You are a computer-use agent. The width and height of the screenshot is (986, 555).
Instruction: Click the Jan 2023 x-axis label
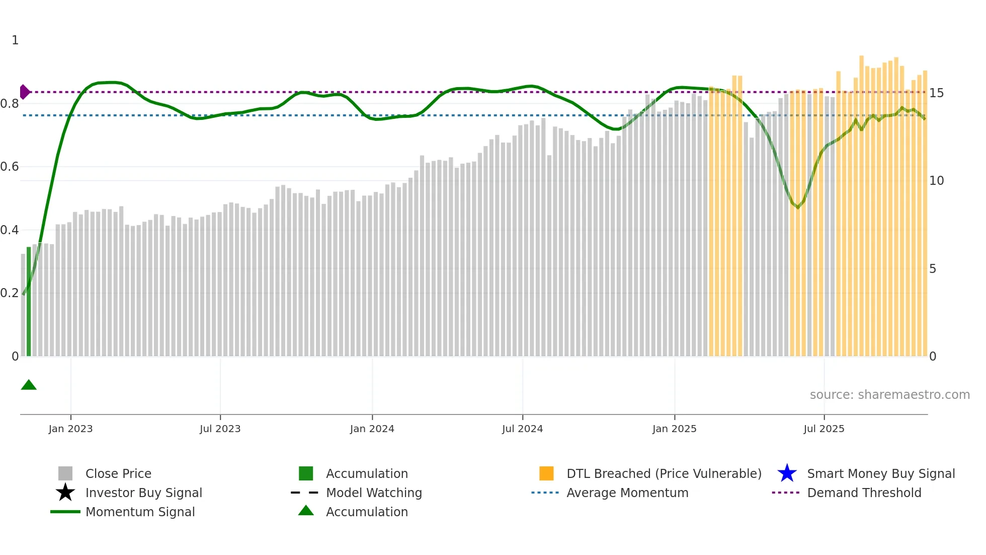coord(70,429)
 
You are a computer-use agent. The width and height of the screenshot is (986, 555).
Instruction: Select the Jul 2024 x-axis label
coord(522,429)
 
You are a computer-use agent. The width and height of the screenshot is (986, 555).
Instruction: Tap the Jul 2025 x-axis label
coord(824,429)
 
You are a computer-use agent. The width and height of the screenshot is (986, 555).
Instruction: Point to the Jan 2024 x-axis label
coord(372,429)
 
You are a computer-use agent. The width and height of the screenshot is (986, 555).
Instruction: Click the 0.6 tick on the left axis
coord(10,167)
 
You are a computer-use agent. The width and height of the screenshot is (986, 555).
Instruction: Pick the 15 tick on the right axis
coord(936,93)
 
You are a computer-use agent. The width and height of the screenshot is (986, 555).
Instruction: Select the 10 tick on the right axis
coord(936,181)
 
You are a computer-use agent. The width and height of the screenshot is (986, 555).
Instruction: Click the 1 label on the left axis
coord(15,40)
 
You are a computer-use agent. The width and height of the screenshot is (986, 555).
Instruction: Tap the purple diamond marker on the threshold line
coord(24,92)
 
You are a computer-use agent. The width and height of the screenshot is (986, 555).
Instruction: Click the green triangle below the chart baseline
coord(29,385)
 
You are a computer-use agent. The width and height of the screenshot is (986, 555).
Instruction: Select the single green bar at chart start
coord(29,302)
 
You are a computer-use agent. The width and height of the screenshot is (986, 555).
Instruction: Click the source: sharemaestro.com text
coord(889,395)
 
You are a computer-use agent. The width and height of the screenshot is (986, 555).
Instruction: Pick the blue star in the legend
coord(787,473)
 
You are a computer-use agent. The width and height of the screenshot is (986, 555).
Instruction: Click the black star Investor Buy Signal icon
coord(65,493)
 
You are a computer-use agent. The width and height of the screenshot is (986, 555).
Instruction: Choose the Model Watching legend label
coord(374,493)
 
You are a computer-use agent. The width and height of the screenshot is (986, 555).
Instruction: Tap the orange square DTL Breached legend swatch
coord(546,473)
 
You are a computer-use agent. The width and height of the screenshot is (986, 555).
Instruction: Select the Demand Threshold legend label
coord(864,493)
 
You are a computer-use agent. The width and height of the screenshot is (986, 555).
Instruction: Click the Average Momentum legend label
coord(627,493)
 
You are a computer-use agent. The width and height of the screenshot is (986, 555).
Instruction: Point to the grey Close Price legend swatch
coord(65,473)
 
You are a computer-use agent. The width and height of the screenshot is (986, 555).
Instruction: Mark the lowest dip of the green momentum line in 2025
coord(797,207)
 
